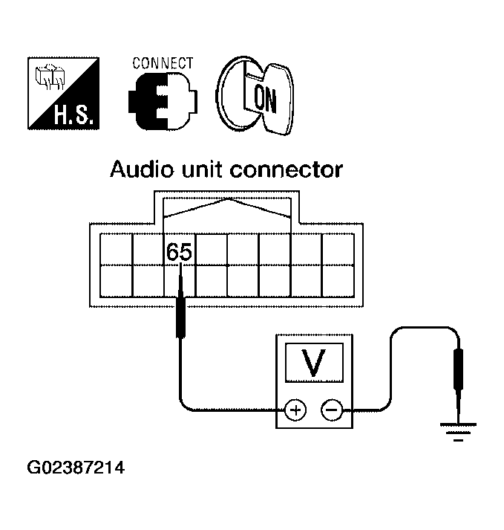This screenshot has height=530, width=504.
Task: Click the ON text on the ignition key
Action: tap(264, 97)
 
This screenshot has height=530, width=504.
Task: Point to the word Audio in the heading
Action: tap(140, 170)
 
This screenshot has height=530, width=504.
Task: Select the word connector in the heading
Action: tap(287, 170)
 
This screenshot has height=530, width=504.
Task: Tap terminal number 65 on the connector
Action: tap(179, 252)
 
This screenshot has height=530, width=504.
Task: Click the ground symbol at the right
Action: tap(458, 430)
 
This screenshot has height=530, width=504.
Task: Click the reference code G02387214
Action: tap(76, 469)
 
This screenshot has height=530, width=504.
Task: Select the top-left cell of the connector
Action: tap(115, 249)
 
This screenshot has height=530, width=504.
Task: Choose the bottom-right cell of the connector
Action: tap(338, 281)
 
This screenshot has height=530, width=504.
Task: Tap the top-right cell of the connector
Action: tap(338, 249)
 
